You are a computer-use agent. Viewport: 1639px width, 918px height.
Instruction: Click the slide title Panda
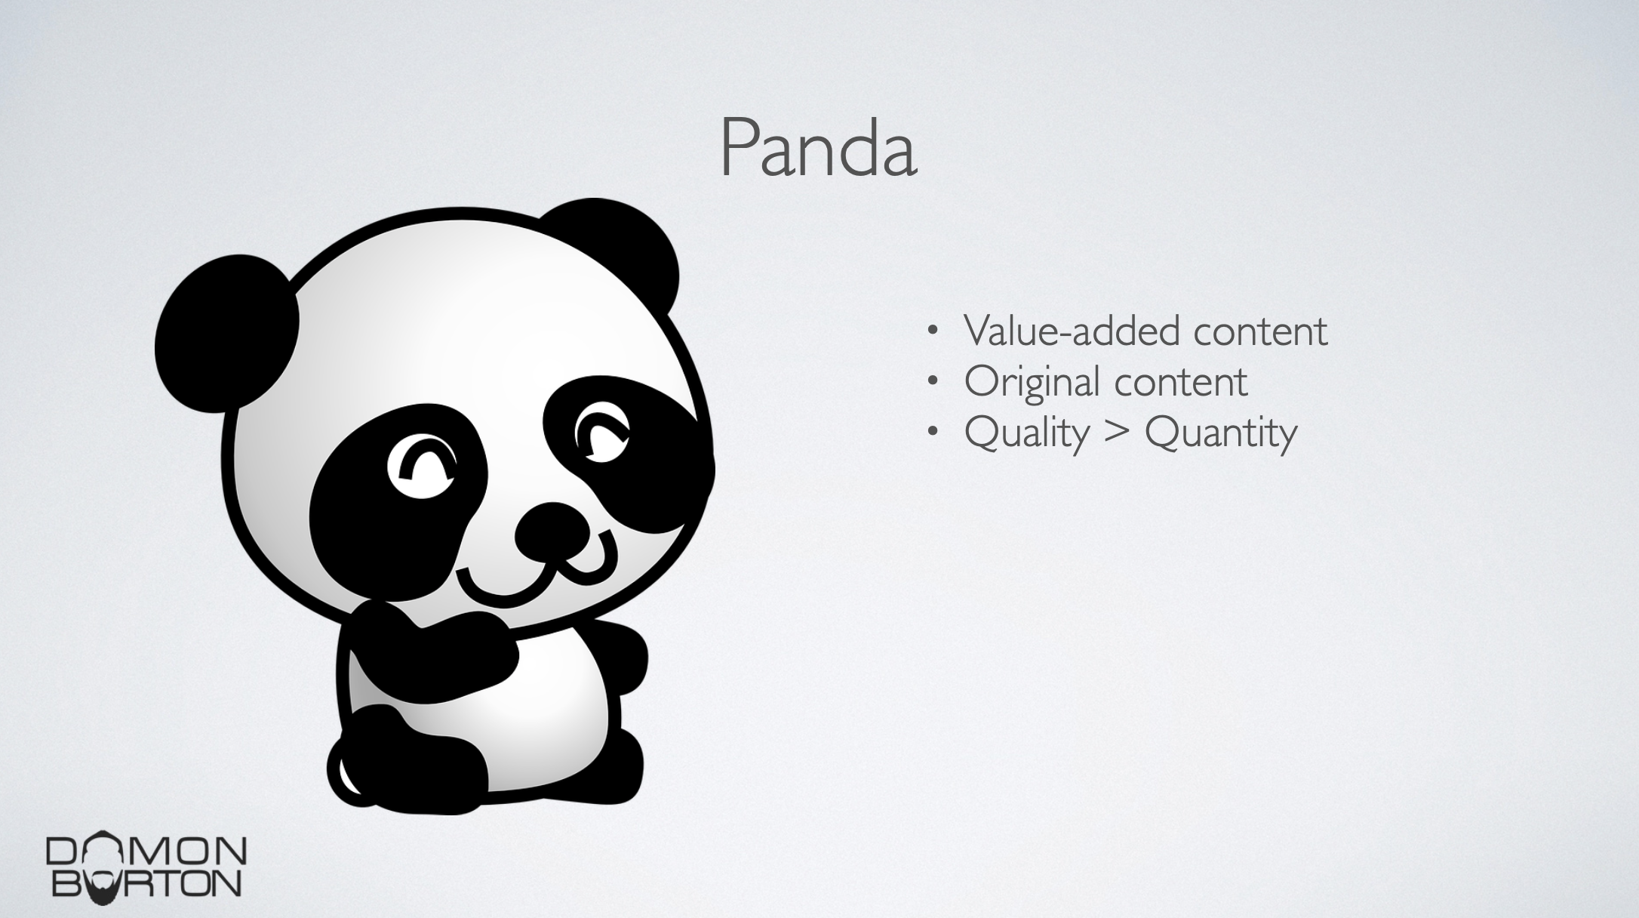pos(819,148)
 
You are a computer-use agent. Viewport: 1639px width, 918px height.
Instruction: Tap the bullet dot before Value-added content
pos(934,331)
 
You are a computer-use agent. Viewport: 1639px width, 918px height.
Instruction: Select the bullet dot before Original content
pos(934,381)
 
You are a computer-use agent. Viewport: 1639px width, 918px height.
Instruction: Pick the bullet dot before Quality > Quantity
pos(934,432)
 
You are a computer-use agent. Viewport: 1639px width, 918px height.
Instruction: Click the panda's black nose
pos(552,533)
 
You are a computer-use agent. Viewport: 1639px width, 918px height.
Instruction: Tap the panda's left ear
pos(226,333)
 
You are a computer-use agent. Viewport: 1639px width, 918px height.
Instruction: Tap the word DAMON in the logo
pos(146,850)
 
